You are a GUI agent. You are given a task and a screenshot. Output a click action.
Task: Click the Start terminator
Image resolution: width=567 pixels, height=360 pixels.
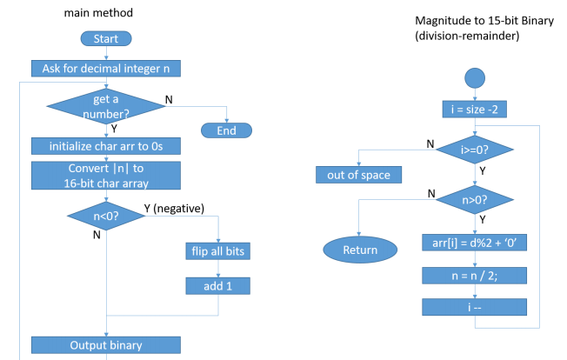(x=105, y=38)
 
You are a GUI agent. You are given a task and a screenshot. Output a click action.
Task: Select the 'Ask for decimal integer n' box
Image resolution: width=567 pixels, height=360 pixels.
(x=106, y=68)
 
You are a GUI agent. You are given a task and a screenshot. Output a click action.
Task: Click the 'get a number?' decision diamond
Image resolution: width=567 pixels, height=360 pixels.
(x=106, y=106)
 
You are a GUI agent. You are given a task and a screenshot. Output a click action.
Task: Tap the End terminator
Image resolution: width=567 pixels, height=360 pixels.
(x=226, y=130)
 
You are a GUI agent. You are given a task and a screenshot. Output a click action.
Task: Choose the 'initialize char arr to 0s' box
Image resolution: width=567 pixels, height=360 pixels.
(x=106, y=145)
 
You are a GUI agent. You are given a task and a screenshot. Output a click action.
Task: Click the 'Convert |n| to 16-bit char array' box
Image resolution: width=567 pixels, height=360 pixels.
(x=106, y=175)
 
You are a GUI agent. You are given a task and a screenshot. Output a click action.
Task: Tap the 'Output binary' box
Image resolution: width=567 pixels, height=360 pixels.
(x=106, y=345)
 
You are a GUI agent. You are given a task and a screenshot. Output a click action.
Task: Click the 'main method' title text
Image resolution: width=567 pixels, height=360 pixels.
(x=98, y=12)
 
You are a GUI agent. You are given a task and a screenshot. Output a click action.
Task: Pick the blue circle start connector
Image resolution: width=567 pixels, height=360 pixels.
(x=475, y=77)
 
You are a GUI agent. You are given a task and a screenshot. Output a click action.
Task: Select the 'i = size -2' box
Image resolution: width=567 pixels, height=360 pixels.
(x=475, y=110)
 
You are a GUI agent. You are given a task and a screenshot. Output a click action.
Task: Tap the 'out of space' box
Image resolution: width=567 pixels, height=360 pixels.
(x=352, y=175)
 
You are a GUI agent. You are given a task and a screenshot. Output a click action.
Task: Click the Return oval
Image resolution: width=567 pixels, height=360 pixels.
(x=360, y=250)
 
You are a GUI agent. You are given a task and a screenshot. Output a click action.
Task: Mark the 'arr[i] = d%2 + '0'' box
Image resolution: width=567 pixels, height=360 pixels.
(x=475, y=244)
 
